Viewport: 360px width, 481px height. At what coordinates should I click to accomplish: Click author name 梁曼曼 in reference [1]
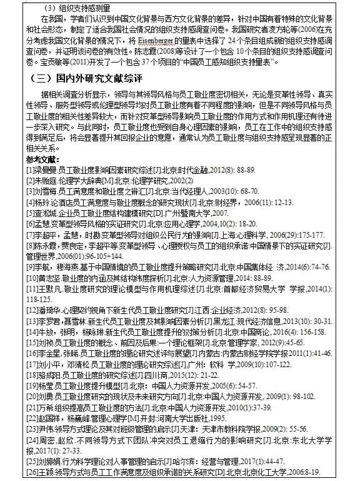click(x=47, y=170)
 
